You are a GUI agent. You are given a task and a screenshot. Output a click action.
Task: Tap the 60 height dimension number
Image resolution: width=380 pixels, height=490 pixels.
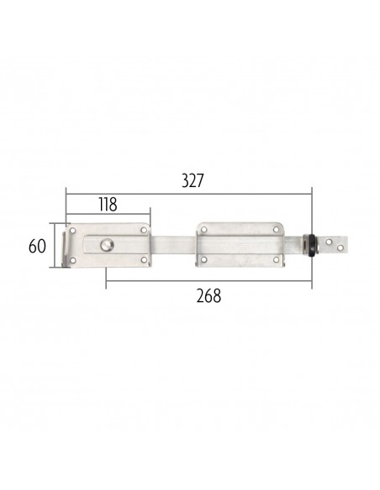(x=37, y=246)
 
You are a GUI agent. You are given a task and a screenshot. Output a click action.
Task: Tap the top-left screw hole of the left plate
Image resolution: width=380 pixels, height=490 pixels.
(x=75, y=230)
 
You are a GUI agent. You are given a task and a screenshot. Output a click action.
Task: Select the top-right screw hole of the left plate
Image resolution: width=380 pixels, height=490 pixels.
(x=144, y=230)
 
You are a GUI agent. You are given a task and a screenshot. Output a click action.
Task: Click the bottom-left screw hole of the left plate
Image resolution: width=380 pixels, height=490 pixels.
(x=75, y=261)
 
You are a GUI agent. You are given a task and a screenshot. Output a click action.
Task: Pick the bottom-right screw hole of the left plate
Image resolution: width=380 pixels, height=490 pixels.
(x=144, y=261)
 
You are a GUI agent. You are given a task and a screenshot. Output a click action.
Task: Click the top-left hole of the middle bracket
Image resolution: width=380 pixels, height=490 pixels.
(x=204, y=229)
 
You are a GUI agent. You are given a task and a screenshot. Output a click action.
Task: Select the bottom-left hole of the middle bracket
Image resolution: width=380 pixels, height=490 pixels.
(x=204, y=261)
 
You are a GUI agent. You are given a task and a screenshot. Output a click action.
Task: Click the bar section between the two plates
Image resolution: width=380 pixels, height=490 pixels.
(x=173, y=245)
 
